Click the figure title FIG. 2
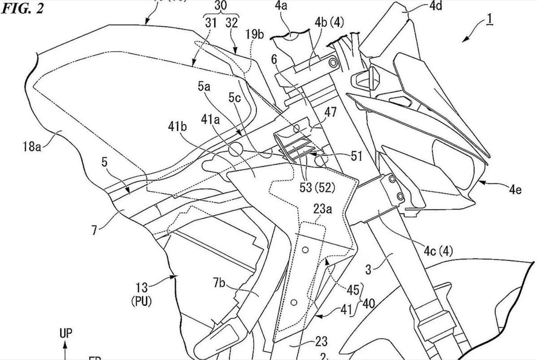click(23, 9)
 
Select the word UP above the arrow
click(65, 333)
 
